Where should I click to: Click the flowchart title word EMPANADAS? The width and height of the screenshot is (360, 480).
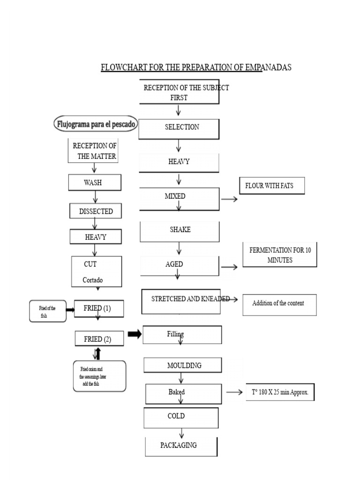tap(267, 67)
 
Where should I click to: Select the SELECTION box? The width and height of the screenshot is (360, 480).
tap(179, 128)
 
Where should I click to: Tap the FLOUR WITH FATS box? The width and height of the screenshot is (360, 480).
tap(271, 186)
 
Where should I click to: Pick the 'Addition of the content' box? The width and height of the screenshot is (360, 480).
tap(279, 304)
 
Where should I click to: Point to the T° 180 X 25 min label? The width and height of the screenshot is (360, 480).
tap(279, 393)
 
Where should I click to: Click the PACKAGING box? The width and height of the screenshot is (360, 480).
tap(181, 446)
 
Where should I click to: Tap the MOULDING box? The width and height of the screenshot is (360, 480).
tap(184, 366)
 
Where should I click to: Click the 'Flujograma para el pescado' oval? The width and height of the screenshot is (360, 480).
tap(96, 125)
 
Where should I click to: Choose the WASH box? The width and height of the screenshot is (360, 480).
tap(94, 183)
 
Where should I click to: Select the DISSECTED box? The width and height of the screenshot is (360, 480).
tap(96, 211)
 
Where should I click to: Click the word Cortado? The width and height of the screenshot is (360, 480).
tap(93, 280)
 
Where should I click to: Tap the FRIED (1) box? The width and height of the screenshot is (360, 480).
tap(99, 309)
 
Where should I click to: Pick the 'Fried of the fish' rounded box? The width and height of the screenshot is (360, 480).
tap(47, 311)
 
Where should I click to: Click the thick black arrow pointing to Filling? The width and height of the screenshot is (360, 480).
tap(134, 334)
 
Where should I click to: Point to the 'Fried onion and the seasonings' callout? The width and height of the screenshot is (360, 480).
tap(99, 376)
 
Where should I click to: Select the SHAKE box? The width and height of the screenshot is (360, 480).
tap(180, 231)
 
